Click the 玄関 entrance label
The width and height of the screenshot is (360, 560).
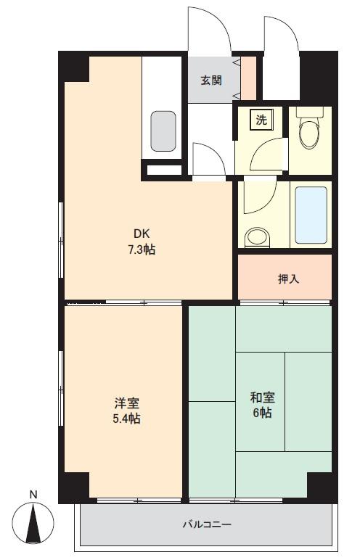[x=211, y=81]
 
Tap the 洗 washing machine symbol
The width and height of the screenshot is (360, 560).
[x=262, y=120]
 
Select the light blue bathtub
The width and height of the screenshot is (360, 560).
[x=311, y=215]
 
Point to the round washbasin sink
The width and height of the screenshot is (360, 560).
[x=257, y=237]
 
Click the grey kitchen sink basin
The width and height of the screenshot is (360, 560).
[x=163, y=131]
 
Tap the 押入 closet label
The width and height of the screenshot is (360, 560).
[x=288, y=279]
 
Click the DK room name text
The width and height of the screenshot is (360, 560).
[x=142, y=234]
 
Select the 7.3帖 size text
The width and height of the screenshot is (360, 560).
[x=142, y=250]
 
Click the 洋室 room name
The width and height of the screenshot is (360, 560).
[x=126, y=403]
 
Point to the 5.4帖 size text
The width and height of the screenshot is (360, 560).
[x=126, y=419]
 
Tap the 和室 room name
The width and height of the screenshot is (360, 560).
[x=263, y=398]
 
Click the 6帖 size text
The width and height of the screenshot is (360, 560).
[x=263, y=413]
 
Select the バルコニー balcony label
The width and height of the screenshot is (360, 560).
[x=208, y=524]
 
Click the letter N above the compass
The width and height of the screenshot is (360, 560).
[x=33, y=495]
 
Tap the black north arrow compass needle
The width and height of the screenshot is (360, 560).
[x=33, y=523]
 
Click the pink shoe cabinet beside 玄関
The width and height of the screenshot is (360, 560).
[x=249, y=78]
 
